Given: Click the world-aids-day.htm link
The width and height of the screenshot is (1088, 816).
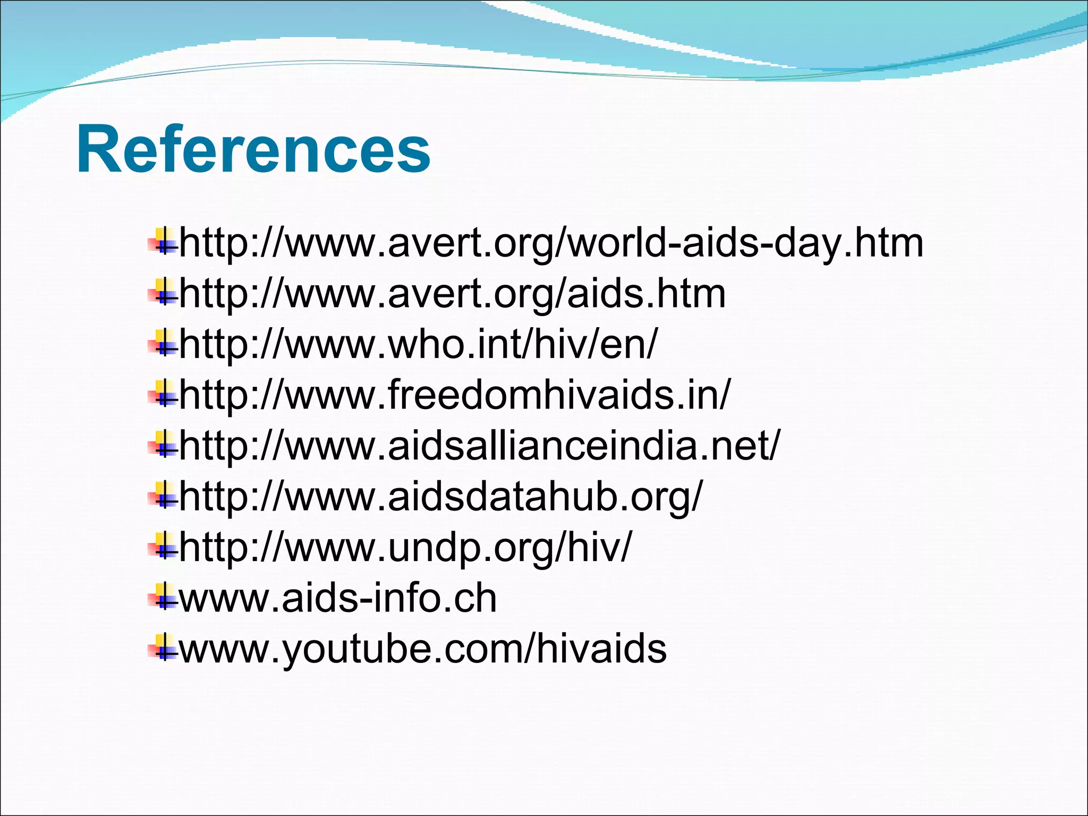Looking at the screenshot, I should pos(551,243).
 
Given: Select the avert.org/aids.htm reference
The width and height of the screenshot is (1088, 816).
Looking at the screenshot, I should pos(453,294).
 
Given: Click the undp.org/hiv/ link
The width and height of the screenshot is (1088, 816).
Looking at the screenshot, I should pos(406,548).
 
